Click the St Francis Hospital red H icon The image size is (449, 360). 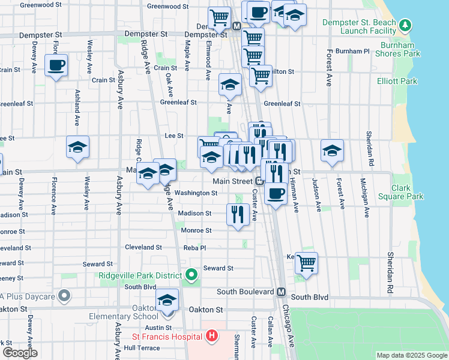211,337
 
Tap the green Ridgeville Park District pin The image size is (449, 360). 191,275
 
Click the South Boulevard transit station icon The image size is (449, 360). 280,292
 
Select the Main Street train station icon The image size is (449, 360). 259,181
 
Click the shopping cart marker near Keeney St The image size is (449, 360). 306,262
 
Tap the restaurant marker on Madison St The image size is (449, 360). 238,214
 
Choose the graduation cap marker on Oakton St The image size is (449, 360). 167,300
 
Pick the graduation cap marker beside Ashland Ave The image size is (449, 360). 77,147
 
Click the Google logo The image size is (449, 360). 20,353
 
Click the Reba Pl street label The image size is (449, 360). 194,247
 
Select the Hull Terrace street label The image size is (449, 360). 142,348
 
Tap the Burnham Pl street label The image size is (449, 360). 352,52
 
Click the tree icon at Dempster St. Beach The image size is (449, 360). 405,25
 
